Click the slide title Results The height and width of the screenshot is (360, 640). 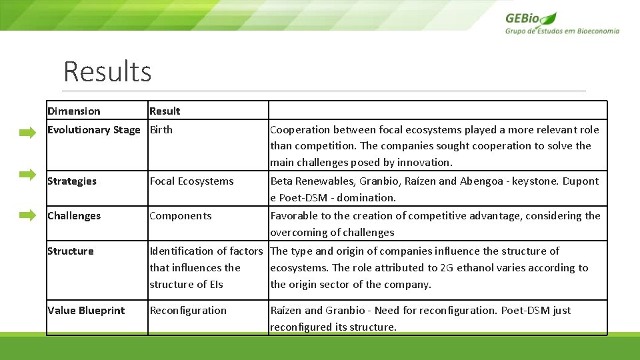click(x=107, y=71)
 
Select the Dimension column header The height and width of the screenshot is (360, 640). click(x=74, y=111)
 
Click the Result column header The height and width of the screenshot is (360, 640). click(x=165, y=111)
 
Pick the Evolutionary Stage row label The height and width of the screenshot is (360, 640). click(x=94, y=130)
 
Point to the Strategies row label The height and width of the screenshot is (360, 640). click(x=72, y=181)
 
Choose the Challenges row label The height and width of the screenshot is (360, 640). click(x=74, y=216)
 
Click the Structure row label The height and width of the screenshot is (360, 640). click(x=71, y=251)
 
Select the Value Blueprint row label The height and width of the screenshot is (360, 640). click(x=86, y=311)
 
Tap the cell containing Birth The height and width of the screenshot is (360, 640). click(x=161, y=130)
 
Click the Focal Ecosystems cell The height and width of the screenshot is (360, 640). click(x=192, y=181)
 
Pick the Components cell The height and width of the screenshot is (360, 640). click(x=181, y=216)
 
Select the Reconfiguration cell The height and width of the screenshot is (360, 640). click(x=188, y=311)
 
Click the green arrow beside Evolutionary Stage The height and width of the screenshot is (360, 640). click(x=27, y=133)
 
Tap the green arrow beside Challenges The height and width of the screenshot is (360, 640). click(x=27, y=215)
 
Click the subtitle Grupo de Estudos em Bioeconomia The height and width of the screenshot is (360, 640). click(x=562, y=31)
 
